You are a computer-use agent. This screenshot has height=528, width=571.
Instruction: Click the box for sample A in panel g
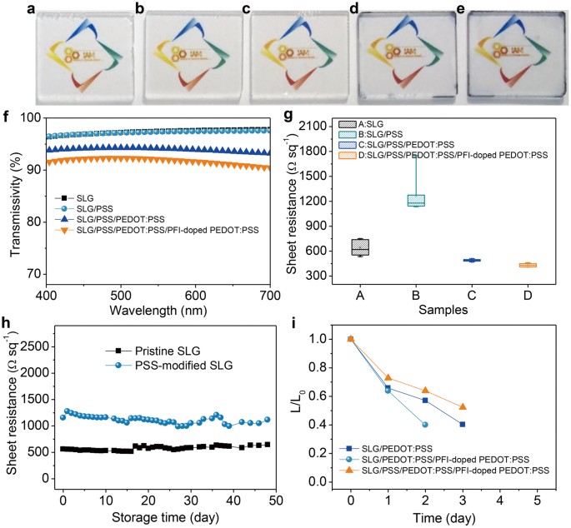360,247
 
